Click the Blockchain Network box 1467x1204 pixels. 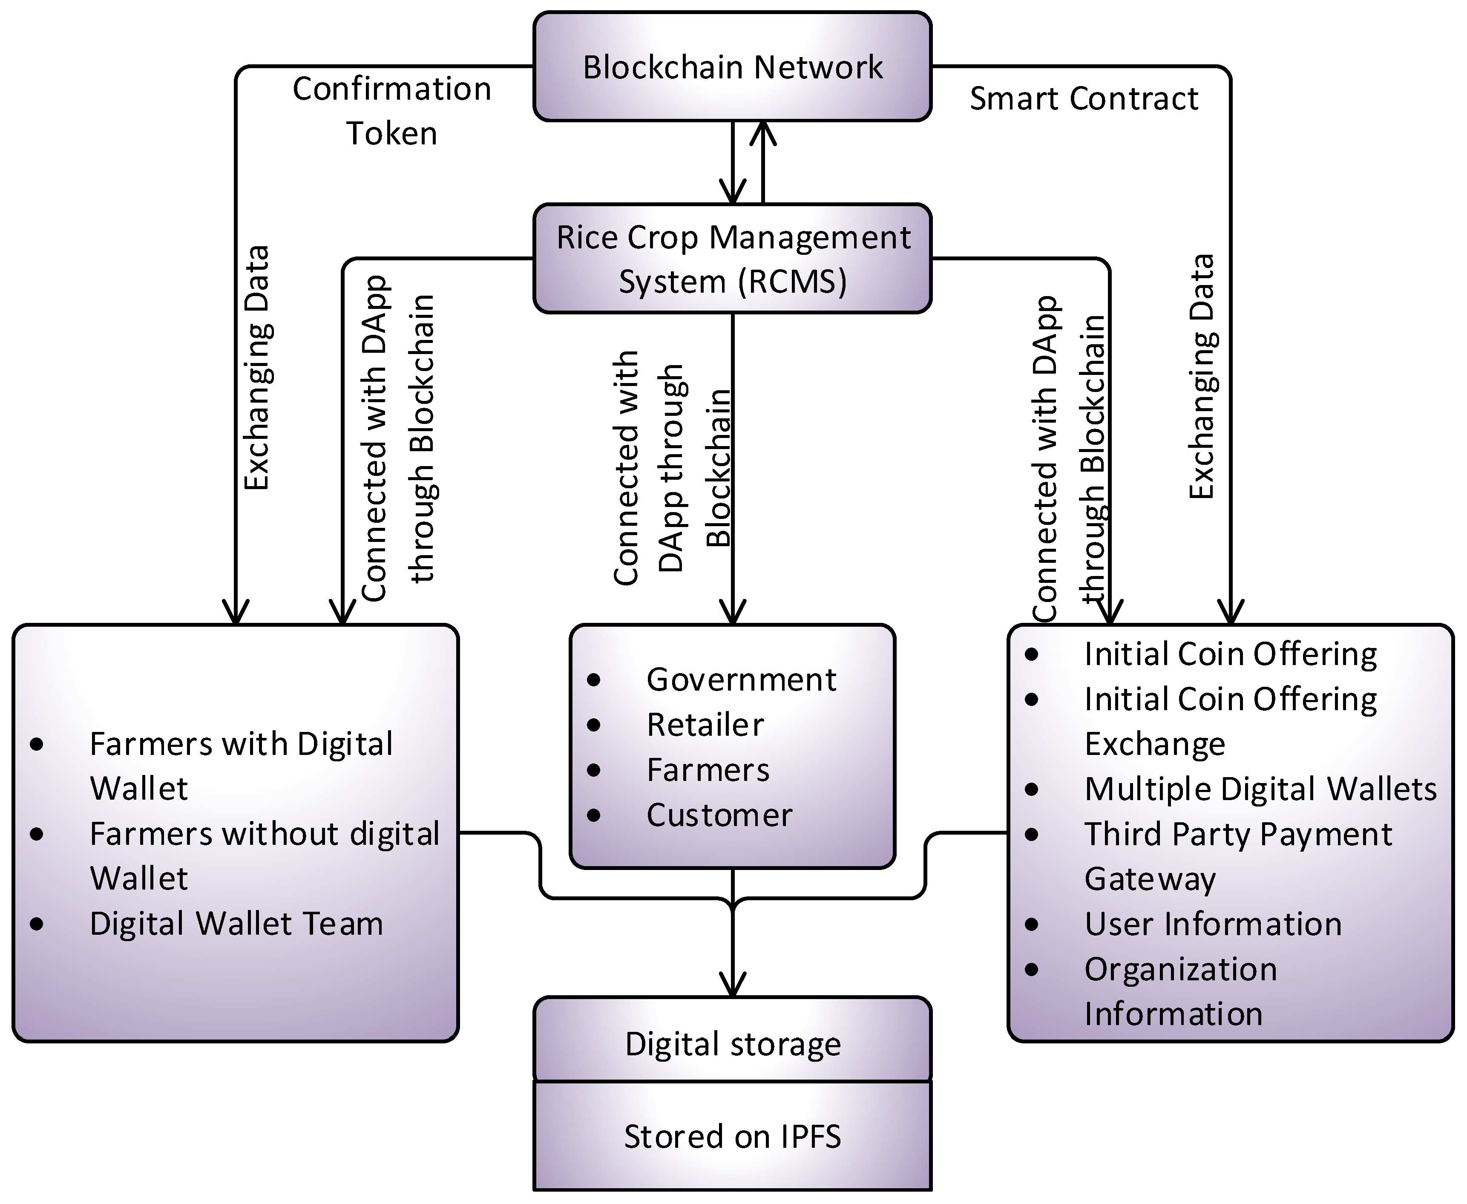coord(732,66)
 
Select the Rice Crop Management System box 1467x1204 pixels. coord(732,259)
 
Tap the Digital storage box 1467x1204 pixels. coord(732,1044)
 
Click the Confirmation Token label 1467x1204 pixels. coord(392,111)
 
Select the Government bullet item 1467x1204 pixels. coord(740,680)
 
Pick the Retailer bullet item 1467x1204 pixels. coord(705,725)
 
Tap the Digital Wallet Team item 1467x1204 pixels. coord(236,924)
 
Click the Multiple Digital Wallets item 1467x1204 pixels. coord(1260,789)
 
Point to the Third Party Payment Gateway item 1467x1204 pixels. coord(1237,856)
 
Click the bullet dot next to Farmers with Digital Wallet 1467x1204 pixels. coord(37,745)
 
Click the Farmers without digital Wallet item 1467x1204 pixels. coord(263,856)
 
